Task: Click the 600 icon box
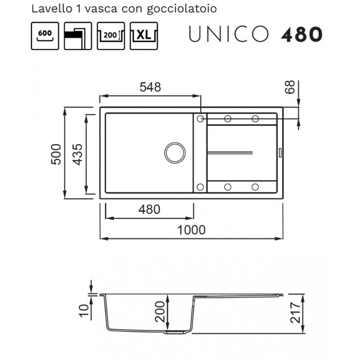click(x=45, y=36)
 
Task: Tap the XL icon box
click(x=144, y=36)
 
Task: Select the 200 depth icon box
click(x=111, y=36)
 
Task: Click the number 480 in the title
click(x=301, y=35)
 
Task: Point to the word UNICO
click(x=229, y=34)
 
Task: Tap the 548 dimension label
click(x=150, y=87)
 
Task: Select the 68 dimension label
click(x=290, y=87)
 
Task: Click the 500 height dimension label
click(x=56, y=154)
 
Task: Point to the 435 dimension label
click(x=77, y=154)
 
